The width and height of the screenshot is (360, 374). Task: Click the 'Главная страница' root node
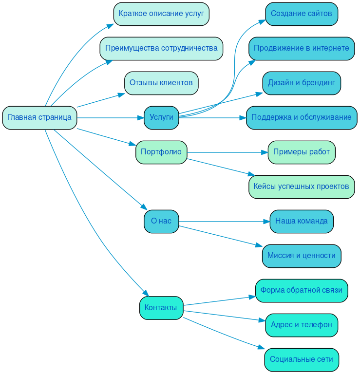tap(39, 117)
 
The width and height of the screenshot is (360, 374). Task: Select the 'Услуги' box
tap(161, 117)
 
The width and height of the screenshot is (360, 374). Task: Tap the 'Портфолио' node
tap(161, 152)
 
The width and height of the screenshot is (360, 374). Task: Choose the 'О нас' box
tap(161, 221)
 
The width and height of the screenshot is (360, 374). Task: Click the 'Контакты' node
tap(161, 308)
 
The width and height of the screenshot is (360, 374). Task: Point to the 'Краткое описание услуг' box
tap(161, 14)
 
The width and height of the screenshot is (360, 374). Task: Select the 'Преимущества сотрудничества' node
tap(161, 48)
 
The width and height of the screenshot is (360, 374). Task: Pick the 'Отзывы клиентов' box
tap(161, 83)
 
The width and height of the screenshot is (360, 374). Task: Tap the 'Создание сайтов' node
tap(302, 14)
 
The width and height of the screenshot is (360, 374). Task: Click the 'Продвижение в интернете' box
tap(302, 48)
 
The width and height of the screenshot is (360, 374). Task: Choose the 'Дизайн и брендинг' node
tap(302, 83)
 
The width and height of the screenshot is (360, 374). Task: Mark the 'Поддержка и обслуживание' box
tap(302, 117)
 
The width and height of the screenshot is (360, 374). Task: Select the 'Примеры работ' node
tap(302, 152)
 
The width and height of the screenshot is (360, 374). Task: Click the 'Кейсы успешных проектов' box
tap(302, 187)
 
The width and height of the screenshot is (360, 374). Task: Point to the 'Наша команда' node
tap(302, 221)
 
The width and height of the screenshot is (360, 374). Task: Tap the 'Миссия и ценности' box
tap(302, 256)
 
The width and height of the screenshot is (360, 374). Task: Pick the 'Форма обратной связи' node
tap(302, 290)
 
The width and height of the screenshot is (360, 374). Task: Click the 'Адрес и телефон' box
tap(302, 325)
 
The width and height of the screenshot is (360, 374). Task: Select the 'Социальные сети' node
tap(302, 359)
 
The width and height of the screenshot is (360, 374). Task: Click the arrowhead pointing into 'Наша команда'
tap(266, 222)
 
